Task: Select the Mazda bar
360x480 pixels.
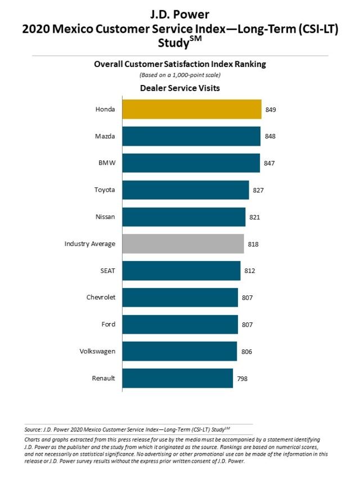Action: (x=191, y=136)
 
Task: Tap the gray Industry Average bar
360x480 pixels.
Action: (x=183, y=244)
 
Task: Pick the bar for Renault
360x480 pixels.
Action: (x=177, y=378)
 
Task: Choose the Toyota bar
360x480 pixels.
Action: (x=185, y=190)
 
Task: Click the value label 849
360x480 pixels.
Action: (x=270, y=109)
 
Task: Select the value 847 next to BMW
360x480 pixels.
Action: (x=269, y=163)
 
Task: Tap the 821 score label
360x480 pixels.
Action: (x=254, y=217)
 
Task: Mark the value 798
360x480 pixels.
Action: (x=242, y=379)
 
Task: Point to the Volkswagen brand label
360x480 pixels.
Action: (x=97, y=351)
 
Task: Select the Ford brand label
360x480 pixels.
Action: (x=108, y=324)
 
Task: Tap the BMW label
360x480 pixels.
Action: (x=107, y=163)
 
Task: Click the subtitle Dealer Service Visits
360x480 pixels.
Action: (x=179, y=88)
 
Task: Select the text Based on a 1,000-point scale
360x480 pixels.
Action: (x=179, y=75)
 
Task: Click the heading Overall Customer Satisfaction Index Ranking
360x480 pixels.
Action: (x=179, y=64)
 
